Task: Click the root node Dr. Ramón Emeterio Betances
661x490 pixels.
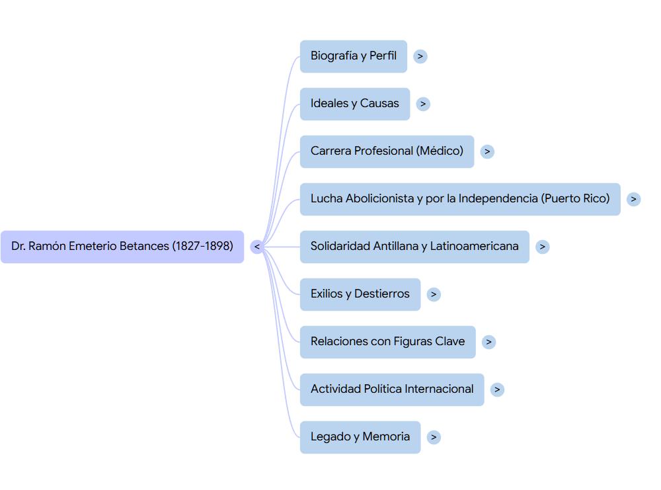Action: pyautogui.click(x=122, y=247)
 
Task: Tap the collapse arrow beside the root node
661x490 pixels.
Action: pyautogui.click(x=257, y=247)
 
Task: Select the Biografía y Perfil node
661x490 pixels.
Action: pyautogui.click(x=354, y=56)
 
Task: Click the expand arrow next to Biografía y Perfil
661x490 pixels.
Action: pyautogui.click(x=420, y=56)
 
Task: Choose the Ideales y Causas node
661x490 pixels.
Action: pyautogui.click(x=355, y=104)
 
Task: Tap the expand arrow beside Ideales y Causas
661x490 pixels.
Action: pyautogui.click(x=423, y=104)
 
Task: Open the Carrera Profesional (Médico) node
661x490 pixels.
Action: pyautogui.click(x=387, y=151)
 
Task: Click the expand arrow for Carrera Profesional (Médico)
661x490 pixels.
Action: pyautogui.click(x=487, y=151)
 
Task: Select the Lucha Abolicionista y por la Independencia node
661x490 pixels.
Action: pyautogui.click(x=460, y=199)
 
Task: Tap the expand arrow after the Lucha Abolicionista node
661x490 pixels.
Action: pyautogui.click(x=633, y=199)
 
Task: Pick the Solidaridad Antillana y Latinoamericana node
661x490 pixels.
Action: pyautogui.click(x=414, y=247)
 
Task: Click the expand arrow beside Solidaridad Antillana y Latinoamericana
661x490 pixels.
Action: pyautogui.click(x=542, y=247)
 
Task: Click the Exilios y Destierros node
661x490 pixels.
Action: pyautogui.click(x=360, y=294)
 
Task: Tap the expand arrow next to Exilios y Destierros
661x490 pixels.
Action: pyautogui.click(x=434, y=294)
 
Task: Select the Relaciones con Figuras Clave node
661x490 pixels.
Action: pyautogui.click(x=387, y=342)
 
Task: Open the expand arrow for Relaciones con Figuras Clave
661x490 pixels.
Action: pyautogui.click(x=488, y=342)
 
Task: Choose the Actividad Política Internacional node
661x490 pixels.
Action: pyautogui.click(x=392, y=389)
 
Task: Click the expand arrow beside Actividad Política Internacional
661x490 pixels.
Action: pyautogui.click(x=497, y=389)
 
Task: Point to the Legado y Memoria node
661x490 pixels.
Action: pyautogui.click(x=360, y=437)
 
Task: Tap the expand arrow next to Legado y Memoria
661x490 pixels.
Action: pyautogui.click(x=434, y=437)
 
